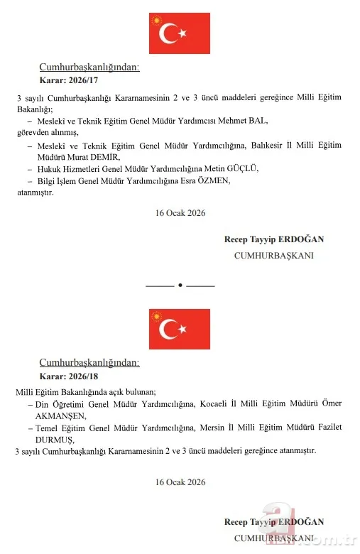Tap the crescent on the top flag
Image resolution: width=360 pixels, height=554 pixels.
168,33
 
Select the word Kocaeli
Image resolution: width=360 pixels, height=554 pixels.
217,403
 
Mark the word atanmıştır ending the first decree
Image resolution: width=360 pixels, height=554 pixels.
35,192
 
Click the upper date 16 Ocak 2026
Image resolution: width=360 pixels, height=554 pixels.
180,212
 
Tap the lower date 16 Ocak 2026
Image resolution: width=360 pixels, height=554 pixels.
180,482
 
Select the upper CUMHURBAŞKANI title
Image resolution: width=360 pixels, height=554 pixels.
274,254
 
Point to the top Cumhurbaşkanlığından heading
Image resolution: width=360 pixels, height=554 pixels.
89,67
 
